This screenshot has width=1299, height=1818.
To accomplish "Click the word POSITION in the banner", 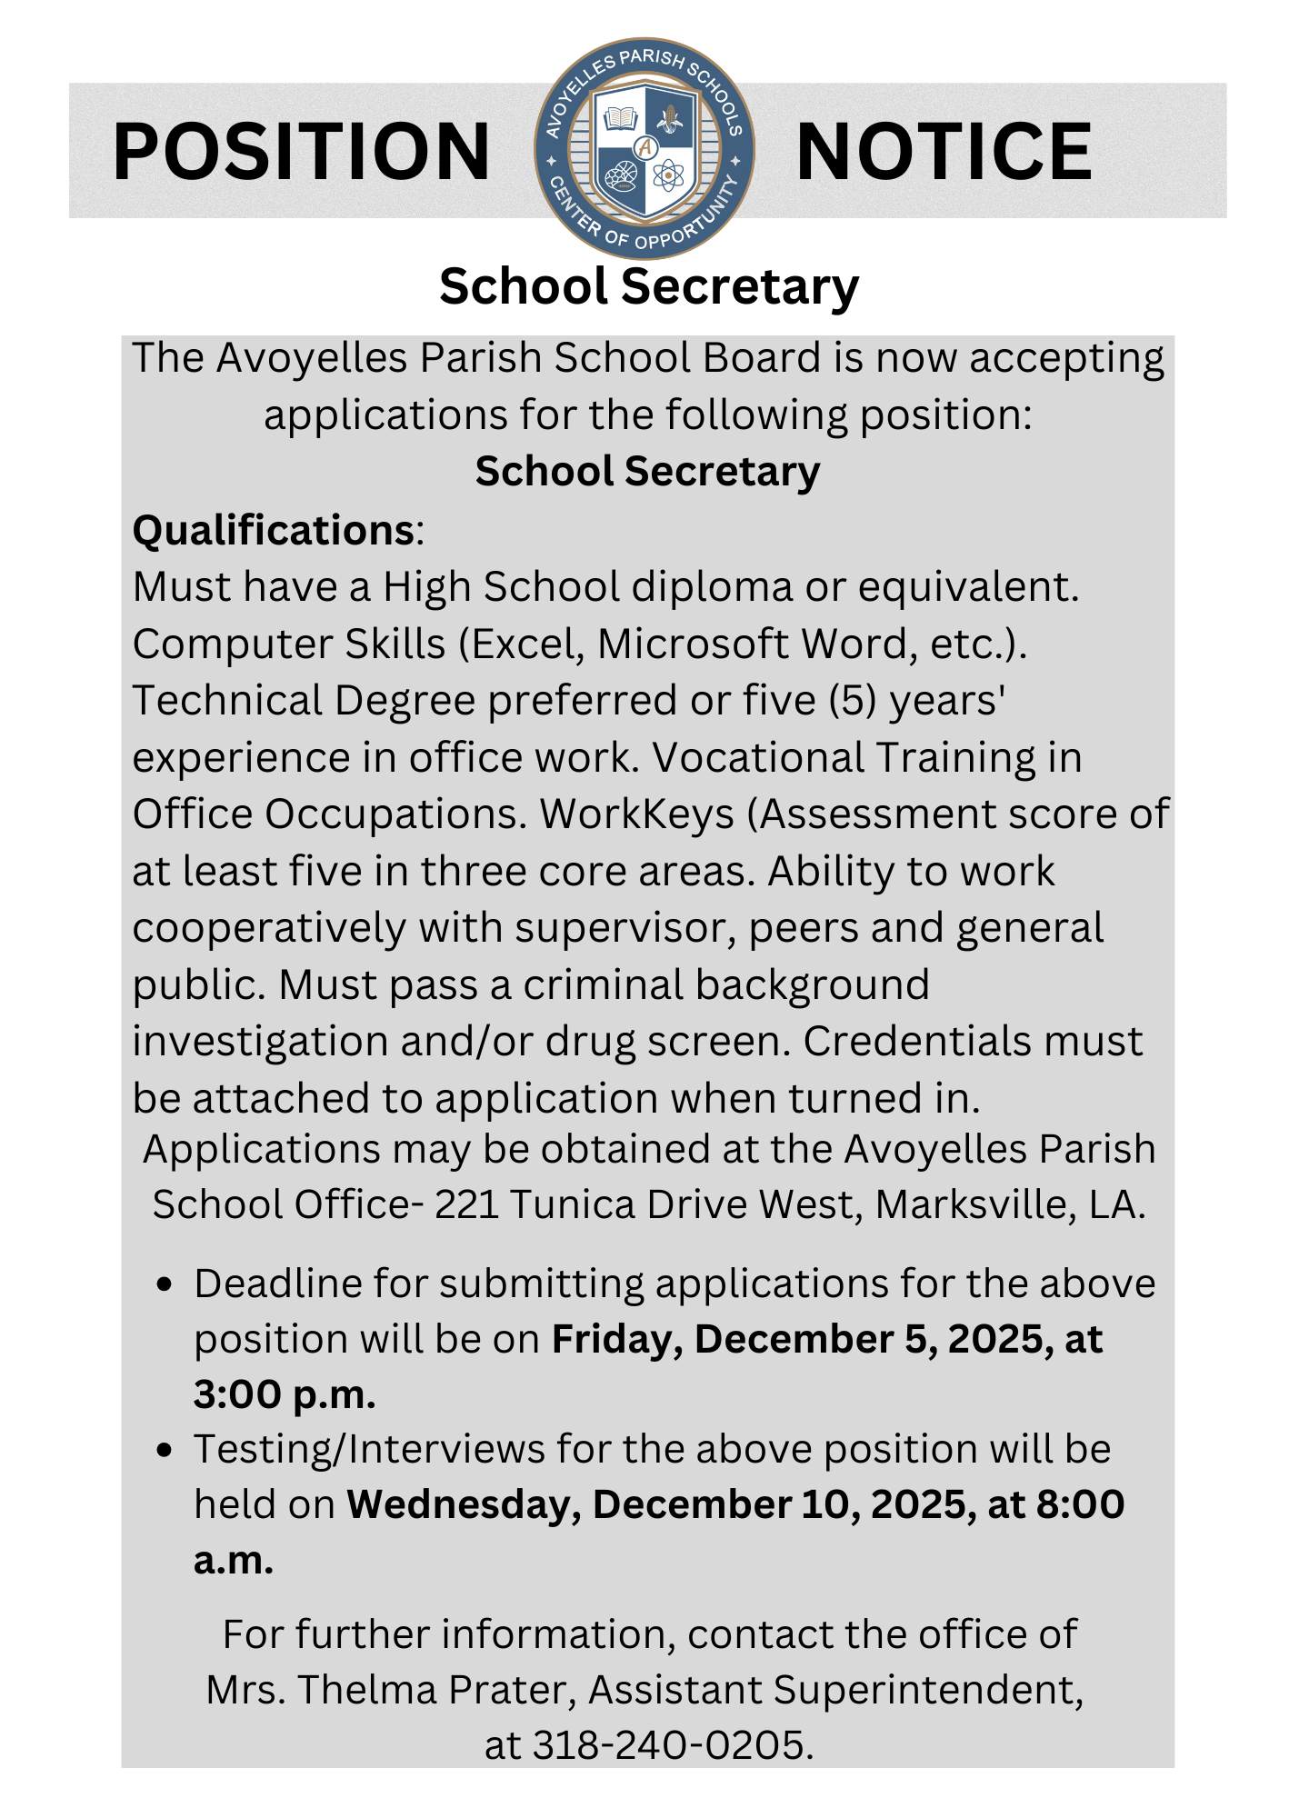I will (301, 152).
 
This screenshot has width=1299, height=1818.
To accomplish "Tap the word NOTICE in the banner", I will (944, 152).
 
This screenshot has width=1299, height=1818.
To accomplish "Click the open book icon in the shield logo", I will (621, 118).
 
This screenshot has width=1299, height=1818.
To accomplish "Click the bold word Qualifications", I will (274, 530).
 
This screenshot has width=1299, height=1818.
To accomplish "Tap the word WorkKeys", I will (636, 814).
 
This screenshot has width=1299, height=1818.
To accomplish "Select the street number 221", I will (466, 1204).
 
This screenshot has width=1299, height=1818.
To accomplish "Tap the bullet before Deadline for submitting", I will (165, 1284).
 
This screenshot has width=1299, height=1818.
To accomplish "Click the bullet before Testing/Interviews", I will (165, 1450).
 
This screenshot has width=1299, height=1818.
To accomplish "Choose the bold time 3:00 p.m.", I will (285, 1394).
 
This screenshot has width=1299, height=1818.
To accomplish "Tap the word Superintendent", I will (928, 1690).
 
